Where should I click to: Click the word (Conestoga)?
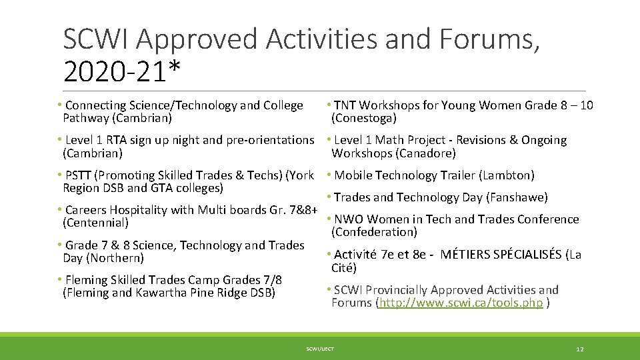(364, 118)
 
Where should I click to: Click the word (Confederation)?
(374, 232)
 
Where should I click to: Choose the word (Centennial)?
(95, 223)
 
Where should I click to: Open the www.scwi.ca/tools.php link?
(461, 303)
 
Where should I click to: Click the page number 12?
(579, 349)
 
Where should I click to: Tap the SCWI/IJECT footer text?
(320, 349)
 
